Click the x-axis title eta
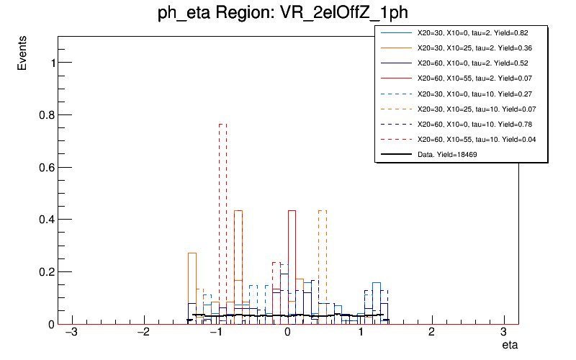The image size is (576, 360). pyautogui.click(x=509, y=346)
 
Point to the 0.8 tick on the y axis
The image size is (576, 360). pyautogui.click(x=45, y=114)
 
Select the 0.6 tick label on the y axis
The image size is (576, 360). pyautogui.click(x=45, y=167)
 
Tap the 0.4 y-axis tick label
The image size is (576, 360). pyautogui.click(x=45, y=220)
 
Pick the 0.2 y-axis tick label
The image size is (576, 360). pyautogui.click(x=45, y=272)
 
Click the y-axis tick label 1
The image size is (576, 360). pyautogui.click(x=50, y=63)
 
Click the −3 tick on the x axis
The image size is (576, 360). pyautogui.click(x=71, y=333)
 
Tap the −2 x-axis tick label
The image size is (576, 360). pyautogui.click(x=143, y=333)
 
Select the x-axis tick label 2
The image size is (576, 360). pyautogui.click(x=431, y=333)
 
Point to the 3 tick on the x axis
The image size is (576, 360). pyautogui.click(x=503, y=333)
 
